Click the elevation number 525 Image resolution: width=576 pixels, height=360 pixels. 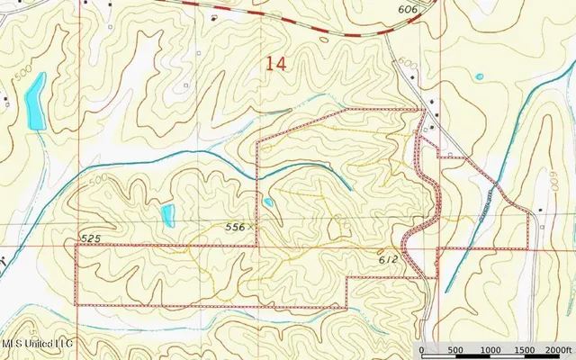89,238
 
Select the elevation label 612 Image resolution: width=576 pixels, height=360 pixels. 389,259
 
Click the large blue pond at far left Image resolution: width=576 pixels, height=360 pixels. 35,100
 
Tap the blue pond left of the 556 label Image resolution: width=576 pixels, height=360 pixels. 167,214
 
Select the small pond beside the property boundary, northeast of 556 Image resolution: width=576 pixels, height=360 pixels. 268,202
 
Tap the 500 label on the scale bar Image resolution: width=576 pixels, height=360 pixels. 455,351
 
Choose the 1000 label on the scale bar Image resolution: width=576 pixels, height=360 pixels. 490,351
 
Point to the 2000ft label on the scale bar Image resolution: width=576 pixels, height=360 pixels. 557,351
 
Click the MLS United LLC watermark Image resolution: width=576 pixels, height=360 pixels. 38,344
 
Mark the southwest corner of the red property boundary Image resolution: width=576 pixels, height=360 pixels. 76,305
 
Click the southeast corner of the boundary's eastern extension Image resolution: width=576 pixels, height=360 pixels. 527,247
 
